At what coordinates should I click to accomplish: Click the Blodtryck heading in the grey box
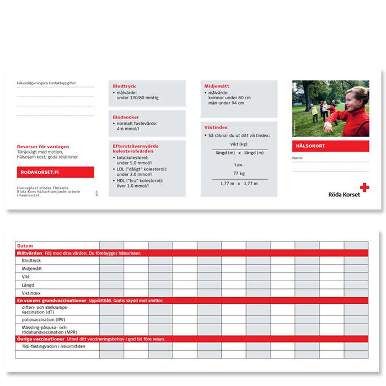[124, 87]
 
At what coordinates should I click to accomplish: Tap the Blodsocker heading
[126, 117]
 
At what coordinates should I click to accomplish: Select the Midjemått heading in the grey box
[217, 87]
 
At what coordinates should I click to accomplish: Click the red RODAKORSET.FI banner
[55, 173]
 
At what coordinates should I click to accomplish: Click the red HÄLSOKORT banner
[330, 146]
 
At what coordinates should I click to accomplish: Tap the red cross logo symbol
[364, 187]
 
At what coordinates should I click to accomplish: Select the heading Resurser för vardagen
[43, 147]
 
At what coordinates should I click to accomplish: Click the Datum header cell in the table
[25, 245]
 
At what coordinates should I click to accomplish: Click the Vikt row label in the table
[26, 276]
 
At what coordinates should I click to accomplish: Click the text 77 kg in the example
[239, 173]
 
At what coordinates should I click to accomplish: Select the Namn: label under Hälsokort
[298, 158]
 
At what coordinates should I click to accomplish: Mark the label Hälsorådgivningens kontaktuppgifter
[47, 84]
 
